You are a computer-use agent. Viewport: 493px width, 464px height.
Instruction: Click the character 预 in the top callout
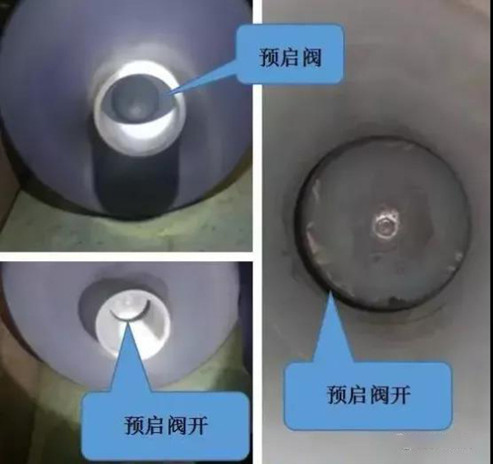pyautogui.click(x=270, y=57)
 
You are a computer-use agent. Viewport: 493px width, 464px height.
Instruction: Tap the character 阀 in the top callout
pyautogui.click(x=312, y=57)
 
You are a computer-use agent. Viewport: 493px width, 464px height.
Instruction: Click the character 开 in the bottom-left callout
pyautogui.click(x=198, y=425)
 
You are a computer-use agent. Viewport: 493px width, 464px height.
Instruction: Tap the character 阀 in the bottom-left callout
pyautogui.click(x=177, y=425)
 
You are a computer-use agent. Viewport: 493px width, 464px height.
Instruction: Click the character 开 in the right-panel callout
pyautogui.click(x=401, y=394)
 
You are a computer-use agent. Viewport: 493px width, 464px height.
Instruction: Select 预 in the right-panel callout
pyautogui.click(x=337, y=394)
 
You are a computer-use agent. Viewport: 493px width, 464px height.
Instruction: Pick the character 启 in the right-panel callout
pyautogui.click(x=357, y=394)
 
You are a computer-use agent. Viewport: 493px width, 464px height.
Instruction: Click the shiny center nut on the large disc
pyautogui.click(x=385, y=225)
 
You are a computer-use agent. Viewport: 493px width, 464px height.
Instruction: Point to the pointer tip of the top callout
pyautogui.click(x=168, y=94)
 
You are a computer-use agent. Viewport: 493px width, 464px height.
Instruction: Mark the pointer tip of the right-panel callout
pyautogui.click(x=329, y=291)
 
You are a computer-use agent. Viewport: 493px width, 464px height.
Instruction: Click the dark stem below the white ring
pyautogui.click(x=136, y=182)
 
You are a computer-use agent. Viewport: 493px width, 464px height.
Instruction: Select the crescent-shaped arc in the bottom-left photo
pyautogui.click(x=130, y=315)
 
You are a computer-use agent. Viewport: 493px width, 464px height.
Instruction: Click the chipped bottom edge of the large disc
pyautogui.click(x=389, y=302)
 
